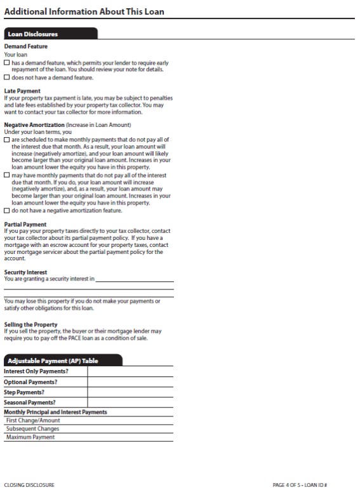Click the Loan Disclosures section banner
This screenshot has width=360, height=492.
coord(33,34)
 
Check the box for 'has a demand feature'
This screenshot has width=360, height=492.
coord(6,63)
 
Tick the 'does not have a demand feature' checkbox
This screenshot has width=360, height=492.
coord(6,77)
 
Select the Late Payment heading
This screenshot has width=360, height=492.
coord(22,91)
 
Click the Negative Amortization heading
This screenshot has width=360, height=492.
coord(34,124)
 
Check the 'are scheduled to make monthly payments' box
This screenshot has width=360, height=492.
coord(6,139)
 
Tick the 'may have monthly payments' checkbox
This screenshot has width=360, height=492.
coord(6,174)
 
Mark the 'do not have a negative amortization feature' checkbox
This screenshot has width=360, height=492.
coord(6,210)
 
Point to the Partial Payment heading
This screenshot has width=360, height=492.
coord(25,225)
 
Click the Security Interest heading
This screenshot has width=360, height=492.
coord(25,272)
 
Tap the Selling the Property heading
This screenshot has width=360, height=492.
coord(30,325)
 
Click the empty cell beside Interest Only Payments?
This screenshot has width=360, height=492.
coord(130,371)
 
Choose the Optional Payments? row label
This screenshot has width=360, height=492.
coord(30,382)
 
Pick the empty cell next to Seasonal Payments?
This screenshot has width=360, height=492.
coord(130,402)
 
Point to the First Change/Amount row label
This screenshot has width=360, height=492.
coord(33,420)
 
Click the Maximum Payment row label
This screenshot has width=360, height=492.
coord(30,437)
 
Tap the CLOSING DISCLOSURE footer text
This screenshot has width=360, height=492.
coord(29,485)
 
